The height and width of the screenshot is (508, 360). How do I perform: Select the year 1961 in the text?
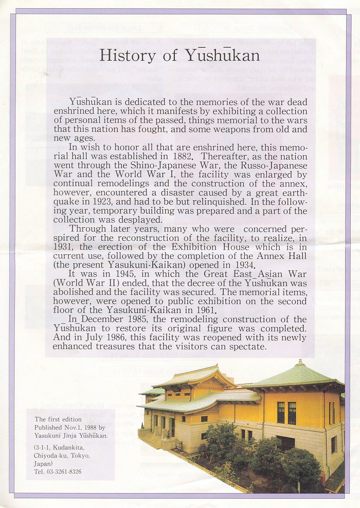click(x=202, y=310)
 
